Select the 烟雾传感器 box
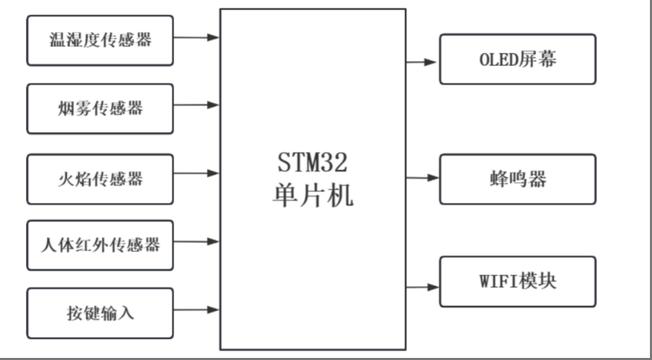point(100,108)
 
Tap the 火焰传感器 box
point(100,179)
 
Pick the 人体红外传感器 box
point(100,245)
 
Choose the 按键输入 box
point(100,313)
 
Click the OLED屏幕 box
point(518,59)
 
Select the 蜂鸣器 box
point(518,179)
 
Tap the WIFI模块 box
point(518,281)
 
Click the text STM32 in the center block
point(312,164)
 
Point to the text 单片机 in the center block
point(312,195)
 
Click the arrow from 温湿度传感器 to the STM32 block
point(196,37)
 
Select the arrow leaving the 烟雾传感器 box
point(196,106)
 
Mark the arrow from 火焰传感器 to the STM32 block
point(196,173)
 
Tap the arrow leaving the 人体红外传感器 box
point(196,241)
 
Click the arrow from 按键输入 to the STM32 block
point(196,310)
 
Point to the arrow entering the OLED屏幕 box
point(422,61)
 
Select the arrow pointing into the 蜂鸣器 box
point(422,178)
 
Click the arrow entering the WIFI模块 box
point(422,286)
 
